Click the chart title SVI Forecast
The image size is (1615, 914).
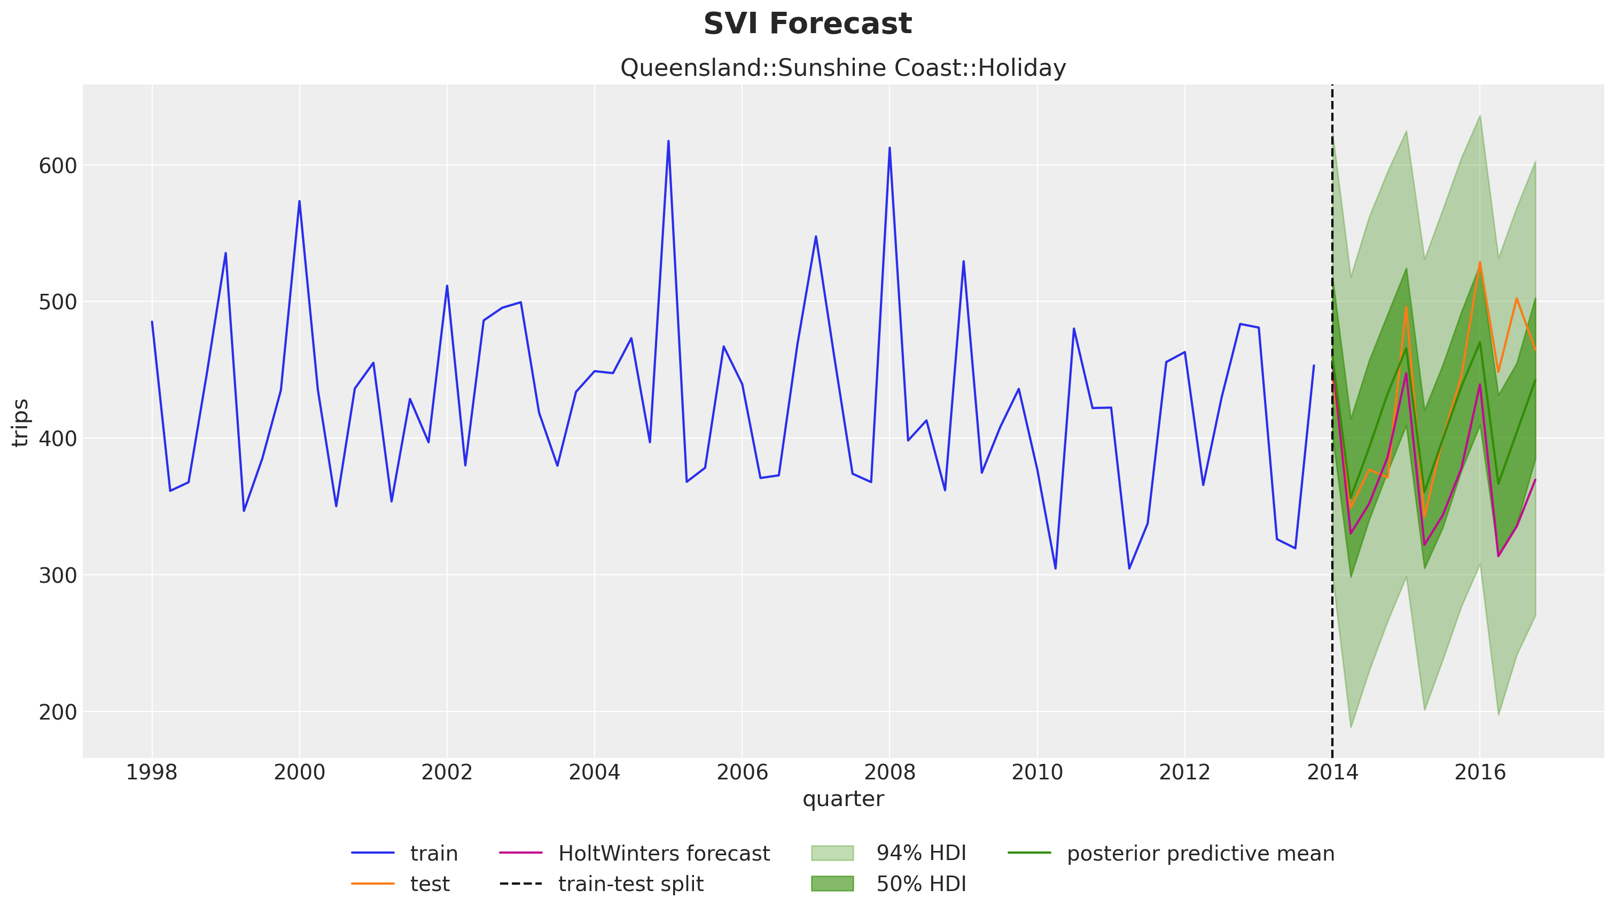pos(807,24)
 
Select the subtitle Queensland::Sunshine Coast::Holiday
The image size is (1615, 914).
pos(842,68)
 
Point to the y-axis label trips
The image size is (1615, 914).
pos(21,423)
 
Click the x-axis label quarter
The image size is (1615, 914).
pos(842,799)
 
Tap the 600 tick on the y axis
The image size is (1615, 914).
pos(58,166)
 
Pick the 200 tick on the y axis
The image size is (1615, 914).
pos(58,712)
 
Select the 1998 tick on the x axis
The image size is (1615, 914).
pos(152,772)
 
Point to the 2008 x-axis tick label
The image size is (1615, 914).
pos(890,772)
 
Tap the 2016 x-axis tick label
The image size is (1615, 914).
pos(1479,772)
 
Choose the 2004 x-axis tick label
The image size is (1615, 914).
pos(595,772)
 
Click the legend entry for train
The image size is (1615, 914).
pos(434,854)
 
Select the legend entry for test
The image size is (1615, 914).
pos(430,884)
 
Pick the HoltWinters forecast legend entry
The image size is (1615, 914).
pos(664,854)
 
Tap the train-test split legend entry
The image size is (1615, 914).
pos(630,884)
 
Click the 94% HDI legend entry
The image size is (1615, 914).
pos(921,854)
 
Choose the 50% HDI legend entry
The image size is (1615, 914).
pos(921,884)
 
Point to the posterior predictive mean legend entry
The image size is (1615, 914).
pos(1200,854)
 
